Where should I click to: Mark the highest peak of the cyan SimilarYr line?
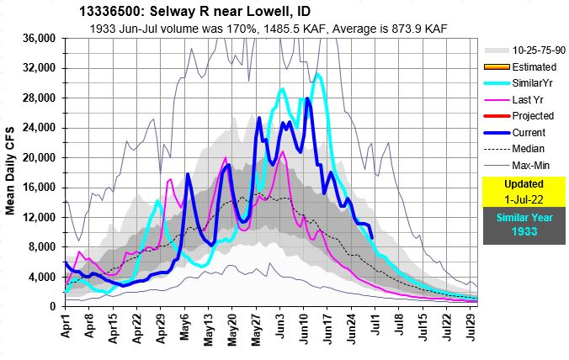click(x=317, y=74)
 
